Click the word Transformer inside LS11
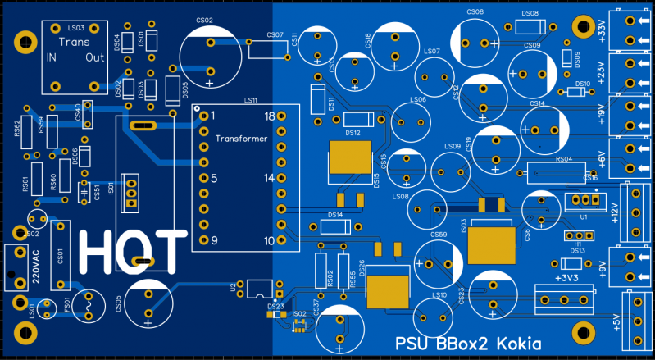[241, 139]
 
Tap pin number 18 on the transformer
[269, 116]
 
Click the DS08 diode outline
[529, 27]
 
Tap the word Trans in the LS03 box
[75, 41]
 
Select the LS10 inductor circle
[435, 316]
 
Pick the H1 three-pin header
[578, 235]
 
